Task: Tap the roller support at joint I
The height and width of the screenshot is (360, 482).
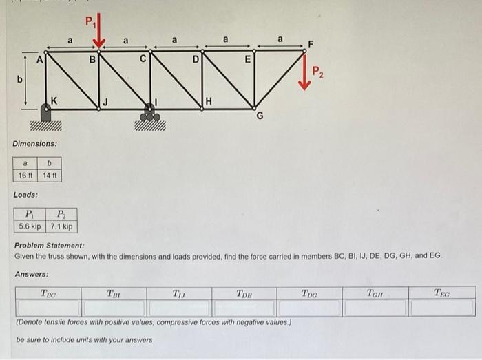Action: pos(149,113)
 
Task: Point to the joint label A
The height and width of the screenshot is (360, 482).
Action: pos(40,60)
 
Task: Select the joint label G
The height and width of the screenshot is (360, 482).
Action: pos(260,117)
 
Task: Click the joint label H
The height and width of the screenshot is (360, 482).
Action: pos(209,102)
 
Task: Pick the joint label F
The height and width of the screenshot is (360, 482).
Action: pos(311,45)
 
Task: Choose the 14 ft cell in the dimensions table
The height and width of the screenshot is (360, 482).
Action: pos(51,175)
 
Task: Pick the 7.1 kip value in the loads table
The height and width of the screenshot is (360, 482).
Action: pos(61,226)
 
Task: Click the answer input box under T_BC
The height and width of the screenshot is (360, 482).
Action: pos(48,308)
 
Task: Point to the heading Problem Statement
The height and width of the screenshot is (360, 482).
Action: pos(50,246)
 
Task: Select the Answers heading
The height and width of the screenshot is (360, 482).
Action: pos(32,274)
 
